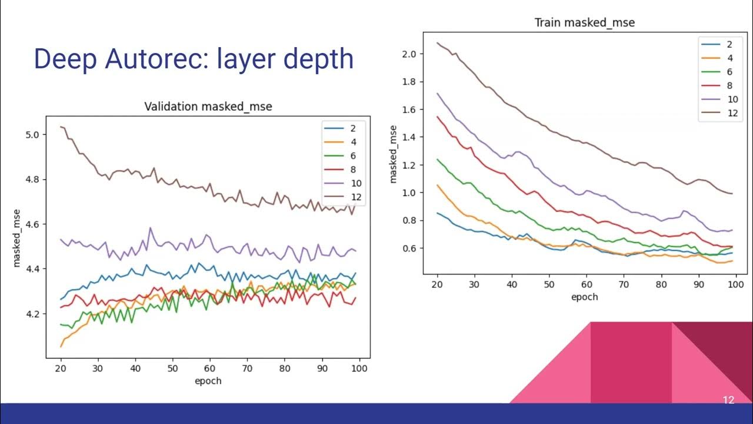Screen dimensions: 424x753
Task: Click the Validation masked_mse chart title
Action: (208, 107)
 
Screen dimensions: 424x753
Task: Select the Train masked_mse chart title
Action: (584, 23)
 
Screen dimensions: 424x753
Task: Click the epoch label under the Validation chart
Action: (208, 380)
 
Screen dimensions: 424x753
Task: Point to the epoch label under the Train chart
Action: (584, 297)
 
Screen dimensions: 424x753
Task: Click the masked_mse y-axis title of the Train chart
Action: (393, 154)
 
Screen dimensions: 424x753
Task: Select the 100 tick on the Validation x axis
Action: (359, 368)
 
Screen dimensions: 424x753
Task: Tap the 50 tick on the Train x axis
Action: (549, 284)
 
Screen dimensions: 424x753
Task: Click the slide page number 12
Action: (728, 400)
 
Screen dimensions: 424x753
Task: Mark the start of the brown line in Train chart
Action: (438, 42)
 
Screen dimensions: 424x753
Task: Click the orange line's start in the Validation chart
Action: (61, 346)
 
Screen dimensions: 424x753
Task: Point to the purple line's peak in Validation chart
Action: (150, 228)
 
